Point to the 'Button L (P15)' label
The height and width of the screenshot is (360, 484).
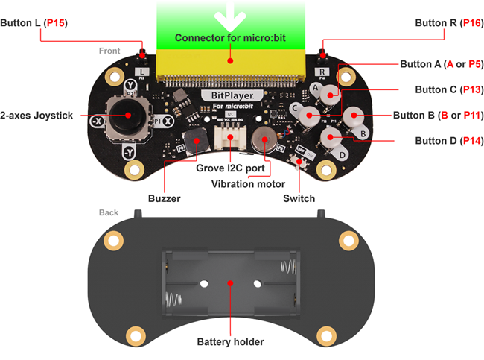(34, 23)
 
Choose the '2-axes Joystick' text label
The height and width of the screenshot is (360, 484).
(37, 116)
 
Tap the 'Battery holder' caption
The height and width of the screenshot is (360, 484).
(230, 342)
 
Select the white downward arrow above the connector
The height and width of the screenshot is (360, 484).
(230, 16)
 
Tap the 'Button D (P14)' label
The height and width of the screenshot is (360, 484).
(445, 140)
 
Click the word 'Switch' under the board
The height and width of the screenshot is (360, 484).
(299, 198)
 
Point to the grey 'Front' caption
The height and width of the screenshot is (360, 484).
(109, 51)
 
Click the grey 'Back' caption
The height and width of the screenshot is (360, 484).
(109, 212)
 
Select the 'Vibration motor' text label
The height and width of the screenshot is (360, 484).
(247, 183)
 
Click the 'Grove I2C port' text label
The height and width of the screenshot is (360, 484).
(231, 168)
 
